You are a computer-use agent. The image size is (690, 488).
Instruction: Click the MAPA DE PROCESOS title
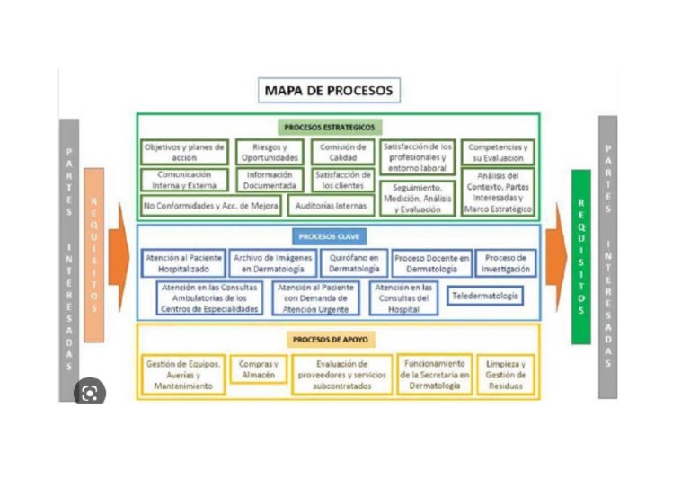(x=328, y=91)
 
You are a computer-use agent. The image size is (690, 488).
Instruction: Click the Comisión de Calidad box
(x=343, y=152)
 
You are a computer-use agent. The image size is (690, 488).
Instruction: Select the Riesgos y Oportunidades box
(x=270, y=152)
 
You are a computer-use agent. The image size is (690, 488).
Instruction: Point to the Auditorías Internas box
(x=331, y=206)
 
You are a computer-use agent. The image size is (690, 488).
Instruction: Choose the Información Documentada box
(x=270, y=180)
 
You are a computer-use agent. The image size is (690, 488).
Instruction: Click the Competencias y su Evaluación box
(x=499, y=152)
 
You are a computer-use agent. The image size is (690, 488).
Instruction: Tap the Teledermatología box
(x=484, y=295)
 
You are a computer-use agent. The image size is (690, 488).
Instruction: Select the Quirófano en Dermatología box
(x=354, y=263)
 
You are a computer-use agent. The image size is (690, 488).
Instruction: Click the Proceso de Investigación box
(x=505, y=263)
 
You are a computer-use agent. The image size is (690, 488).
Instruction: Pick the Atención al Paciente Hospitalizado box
(x=184, y=263)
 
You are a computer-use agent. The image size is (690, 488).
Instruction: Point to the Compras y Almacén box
(x=258, y=370)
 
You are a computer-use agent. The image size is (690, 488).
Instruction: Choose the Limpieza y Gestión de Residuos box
(x=505, y=375)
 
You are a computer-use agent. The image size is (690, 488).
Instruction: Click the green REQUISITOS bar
(x=580, y=256)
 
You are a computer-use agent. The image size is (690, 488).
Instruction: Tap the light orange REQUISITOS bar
(x=93, y=254)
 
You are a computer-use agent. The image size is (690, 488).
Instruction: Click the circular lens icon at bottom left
(x=89, y=393)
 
